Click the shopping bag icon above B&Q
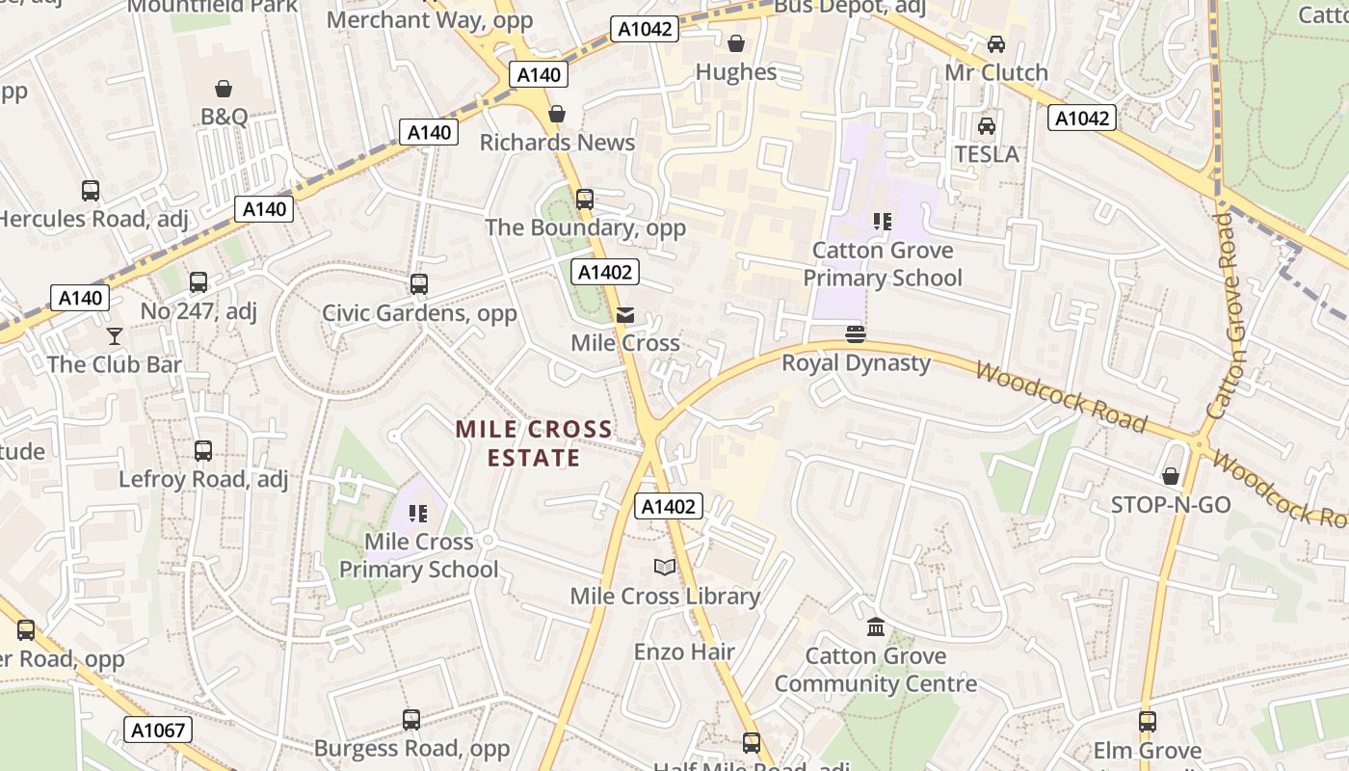(x=224, y=89)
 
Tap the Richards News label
(x=557, y=143)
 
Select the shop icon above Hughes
(x=736, y=43)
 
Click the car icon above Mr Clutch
(x=995, y=44)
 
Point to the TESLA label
(x=986, y=154)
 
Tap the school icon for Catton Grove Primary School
(x=882, y=223)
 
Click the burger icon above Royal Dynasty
(x=856, y=334)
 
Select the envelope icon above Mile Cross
(x=625, y=314)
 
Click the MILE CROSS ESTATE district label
(x=533, y=443)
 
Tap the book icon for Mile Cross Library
(x=665, y=568)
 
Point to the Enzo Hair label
(x=684, y=652)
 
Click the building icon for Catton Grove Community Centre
(x=876, y=627)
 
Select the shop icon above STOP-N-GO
(x=1171, y=476)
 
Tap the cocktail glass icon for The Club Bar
(x=115, y=336)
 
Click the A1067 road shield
(x=158, y=730)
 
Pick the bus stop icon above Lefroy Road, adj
(x=203, y=450)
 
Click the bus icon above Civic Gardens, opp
(x=418, y=284)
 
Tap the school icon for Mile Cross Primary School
(x=418, y=514)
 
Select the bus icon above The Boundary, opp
(x=585, y=199)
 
